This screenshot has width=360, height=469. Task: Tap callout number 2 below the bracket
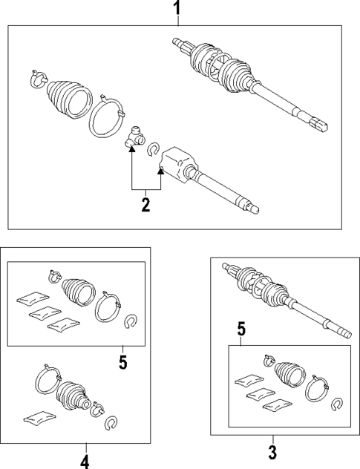tap(146, 203)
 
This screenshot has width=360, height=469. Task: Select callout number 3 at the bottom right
tap(272, 451)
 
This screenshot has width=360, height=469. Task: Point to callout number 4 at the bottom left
tap(85, 461)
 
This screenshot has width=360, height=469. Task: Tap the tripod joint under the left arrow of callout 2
tap(134, 138)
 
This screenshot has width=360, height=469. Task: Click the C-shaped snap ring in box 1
tap(154, 149)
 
